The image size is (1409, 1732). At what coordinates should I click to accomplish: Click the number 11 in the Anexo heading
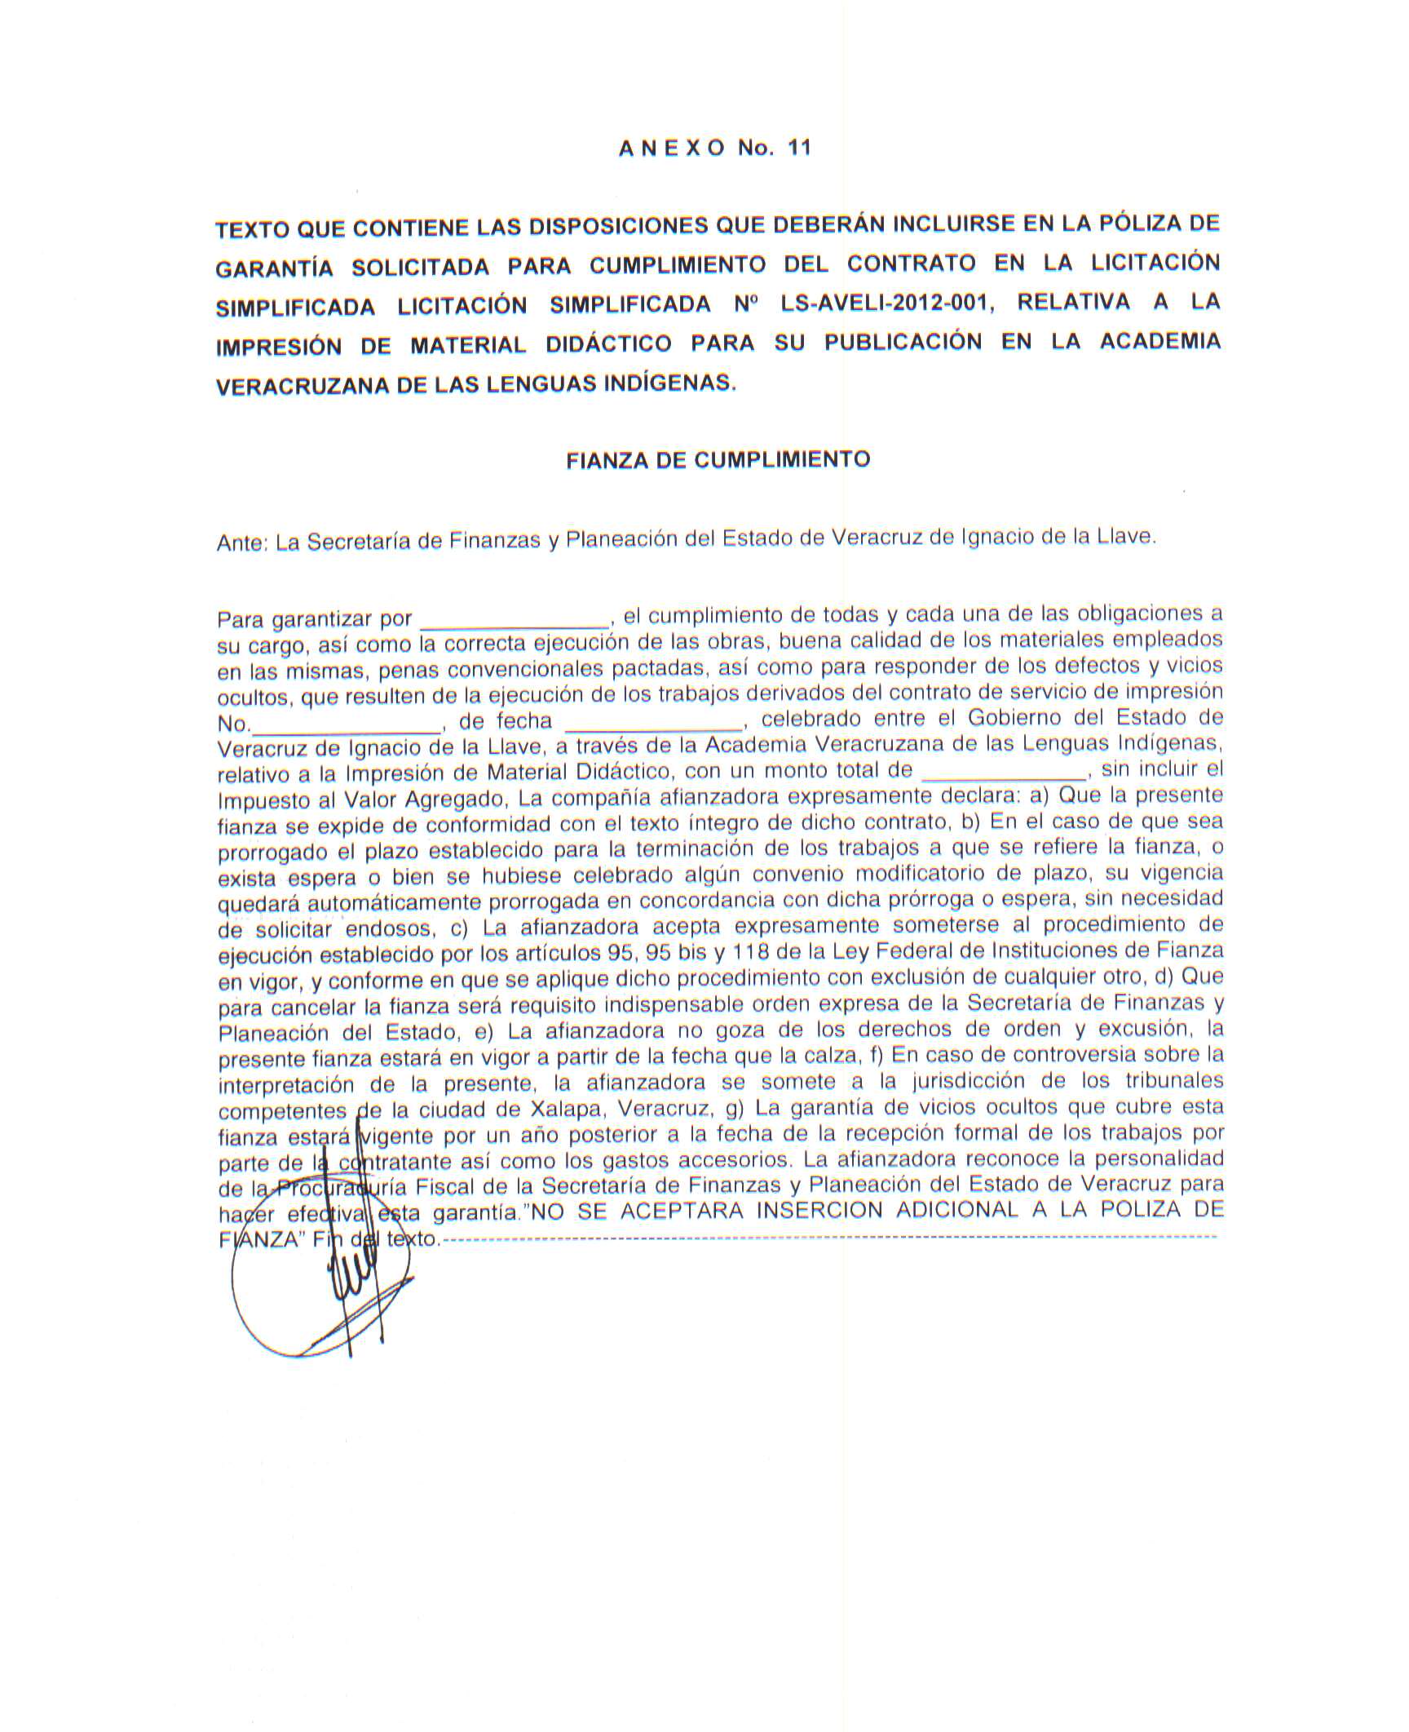click(x=799, y=148)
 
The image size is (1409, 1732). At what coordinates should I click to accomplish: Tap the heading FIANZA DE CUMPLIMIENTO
click(x=718, y=460)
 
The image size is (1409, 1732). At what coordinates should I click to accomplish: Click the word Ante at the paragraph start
click(x=241, y=543)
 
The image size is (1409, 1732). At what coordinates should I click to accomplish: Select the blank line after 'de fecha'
click(x=655, y=723)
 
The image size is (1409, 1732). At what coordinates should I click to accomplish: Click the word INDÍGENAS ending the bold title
click(x=668, y=383)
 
